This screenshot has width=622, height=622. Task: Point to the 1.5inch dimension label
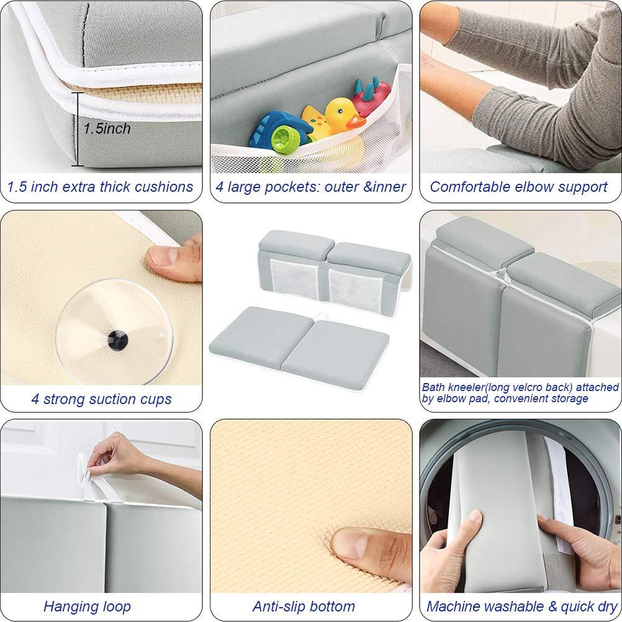click(107, 129)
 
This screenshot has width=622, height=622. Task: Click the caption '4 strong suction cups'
click(101, 399)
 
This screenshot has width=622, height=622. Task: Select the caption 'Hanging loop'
click(87, 606)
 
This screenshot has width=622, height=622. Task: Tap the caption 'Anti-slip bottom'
click(304, 606)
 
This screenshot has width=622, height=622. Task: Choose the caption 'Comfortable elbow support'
click(518, 187)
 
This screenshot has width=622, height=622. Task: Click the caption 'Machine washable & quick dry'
click(520, 606)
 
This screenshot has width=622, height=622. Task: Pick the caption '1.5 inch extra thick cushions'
click(100, 187)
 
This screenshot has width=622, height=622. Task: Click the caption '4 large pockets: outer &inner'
click(310, 187)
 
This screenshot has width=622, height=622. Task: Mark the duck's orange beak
click(356, 122)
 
